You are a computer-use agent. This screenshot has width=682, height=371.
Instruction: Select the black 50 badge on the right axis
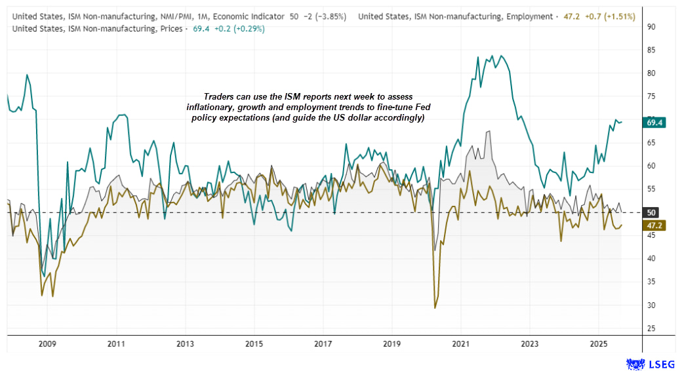(x=651, y=212)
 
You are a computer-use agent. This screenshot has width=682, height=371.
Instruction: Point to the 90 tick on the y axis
(x=651, y=27)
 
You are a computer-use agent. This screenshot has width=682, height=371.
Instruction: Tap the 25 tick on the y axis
(x=651, y=328)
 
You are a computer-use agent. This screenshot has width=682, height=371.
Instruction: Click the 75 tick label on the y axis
(x=651, y=96)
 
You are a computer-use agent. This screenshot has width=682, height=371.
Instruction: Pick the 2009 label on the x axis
(x=47, y=343)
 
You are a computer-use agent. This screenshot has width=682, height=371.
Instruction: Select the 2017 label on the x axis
(x=323, y=343)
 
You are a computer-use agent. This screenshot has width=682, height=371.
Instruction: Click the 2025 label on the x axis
(x=598, y=343)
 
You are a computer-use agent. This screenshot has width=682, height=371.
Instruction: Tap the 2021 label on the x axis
(x=460, y=343)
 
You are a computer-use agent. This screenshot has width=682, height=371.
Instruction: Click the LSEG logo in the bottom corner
(x=651, y=362)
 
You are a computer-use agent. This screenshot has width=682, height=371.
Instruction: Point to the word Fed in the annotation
(x=420, y=107)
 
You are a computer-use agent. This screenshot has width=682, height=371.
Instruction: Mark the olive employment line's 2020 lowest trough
(x=435, y=307)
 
